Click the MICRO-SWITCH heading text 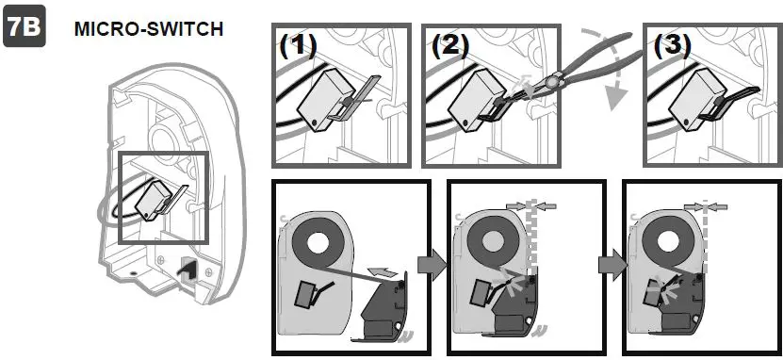[149, 29]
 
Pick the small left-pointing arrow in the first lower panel [382, 271]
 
